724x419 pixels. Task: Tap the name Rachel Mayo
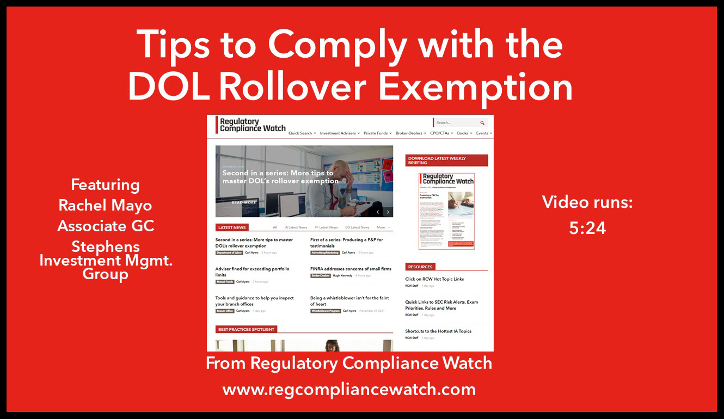tap(105, 205)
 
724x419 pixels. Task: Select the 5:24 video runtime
tap(587, 227)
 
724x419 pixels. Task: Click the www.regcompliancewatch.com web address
tap(349, 389)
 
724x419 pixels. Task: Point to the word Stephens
tap(105, 246)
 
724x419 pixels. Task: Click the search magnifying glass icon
tap(482, 123)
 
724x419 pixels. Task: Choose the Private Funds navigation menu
tap(377, 133)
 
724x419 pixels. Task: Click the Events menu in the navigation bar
tap(483, 133)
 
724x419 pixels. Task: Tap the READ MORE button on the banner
tap(244, 202)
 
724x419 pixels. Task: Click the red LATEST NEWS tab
tap(232, 227)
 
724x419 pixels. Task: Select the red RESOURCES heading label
tap(420, 267)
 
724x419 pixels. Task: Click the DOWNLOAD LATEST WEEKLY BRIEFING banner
tap(446, 161)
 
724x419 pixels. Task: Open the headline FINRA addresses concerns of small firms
tap(351, 269)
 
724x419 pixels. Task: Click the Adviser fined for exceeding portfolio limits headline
tap(252, 272)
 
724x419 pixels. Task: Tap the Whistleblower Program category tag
tap(326, 311)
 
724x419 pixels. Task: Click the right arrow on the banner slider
tap(388, 212)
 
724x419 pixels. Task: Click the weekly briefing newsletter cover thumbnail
tap(446, 211)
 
